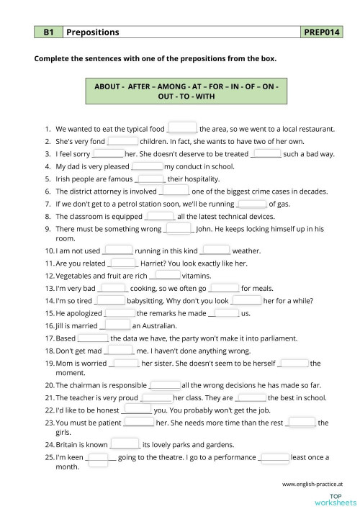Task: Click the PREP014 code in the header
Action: tap(323, 32)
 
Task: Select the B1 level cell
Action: tap(49, 32)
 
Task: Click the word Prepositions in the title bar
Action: tap(93, 32)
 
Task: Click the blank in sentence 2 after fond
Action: tap(122, 141)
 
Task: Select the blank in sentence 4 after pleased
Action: tap(148, 166)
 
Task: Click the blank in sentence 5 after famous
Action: tap(150, 179)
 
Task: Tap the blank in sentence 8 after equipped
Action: tap(160, 216)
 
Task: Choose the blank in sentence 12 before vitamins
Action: tap(168, 275)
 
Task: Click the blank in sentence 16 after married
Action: tap(117, 325)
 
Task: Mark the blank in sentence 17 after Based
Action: tap(93, 337)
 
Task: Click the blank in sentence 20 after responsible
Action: tap(165, 385)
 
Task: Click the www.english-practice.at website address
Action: tap(312, 485)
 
